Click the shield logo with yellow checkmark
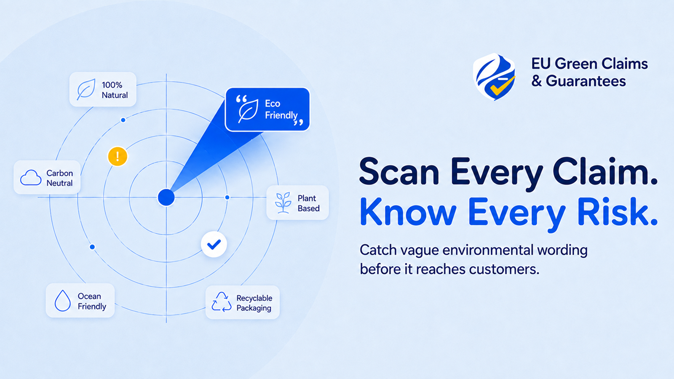click(494, 77)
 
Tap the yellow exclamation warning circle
click(118, 156)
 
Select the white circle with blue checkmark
click(214, 244)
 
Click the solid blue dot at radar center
click(166, 198)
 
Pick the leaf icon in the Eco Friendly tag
click(248, 111)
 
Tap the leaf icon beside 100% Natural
click(86, 89)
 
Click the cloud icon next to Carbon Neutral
click(31, 177)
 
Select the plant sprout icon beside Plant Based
click(283, 203)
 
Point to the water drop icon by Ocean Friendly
click(63, 301)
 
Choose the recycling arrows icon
click(222, 302)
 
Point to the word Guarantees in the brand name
click(586, 81)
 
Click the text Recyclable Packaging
click(254, 303)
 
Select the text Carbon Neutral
click(59, 178)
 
